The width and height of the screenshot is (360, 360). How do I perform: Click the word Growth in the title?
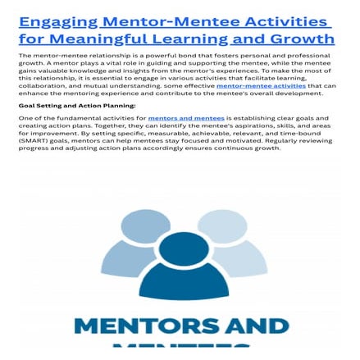303,39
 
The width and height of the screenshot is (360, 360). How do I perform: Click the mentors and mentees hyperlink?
185,118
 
